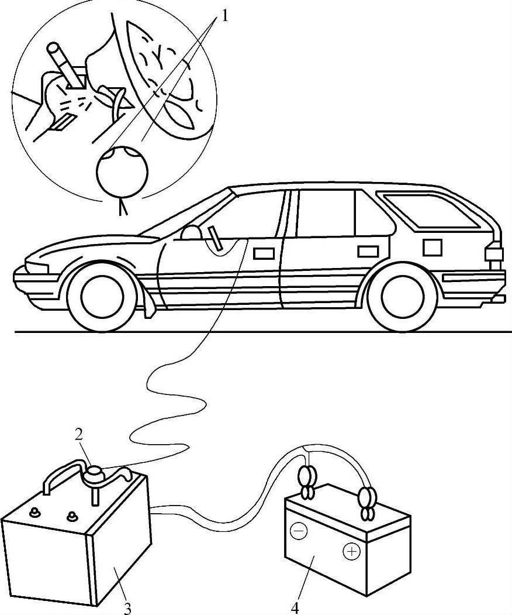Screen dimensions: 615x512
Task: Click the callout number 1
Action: [224, 16]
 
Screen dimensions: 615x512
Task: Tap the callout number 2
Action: [78, 434]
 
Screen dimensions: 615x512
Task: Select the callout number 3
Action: [127, 609]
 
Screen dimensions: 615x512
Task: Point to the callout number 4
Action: [295, 609]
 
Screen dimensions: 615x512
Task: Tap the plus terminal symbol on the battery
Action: [351, 552]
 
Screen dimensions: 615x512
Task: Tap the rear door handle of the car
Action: [368, 252]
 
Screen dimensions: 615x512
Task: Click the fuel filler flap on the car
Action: [432, 248]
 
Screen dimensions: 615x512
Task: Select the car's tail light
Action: [494, 253]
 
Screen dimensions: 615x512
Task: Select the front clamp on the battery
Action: [307, 483]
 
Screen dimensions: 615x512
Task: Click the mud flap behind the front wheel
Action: [148, 303]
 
